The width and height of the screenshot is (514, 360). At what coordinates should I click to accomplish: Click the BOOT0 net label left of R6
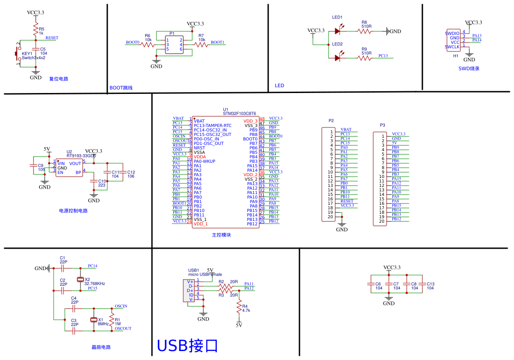[132, 42]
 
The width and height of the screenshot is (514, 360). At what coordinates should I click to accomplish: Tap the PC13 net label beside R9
[383, 56]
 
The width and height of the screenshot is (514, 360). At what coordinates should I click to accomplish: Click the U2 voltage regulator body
[69, 168]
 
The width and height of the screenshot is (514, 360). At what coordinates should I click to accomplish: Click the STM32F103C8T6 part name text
[239, 114]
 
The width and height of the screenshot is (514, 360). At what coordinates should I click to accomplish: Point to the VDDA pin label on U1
[200, 157]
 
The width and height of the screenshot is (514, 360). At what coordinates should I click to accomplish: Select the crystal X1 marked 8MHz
[93, 320]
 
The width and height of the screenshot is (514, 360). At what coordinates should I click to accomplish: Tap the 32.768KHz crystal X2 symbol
[80, 280]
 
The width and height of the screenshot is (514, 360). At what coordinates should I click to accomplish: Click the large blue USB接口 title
[187, 346]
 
